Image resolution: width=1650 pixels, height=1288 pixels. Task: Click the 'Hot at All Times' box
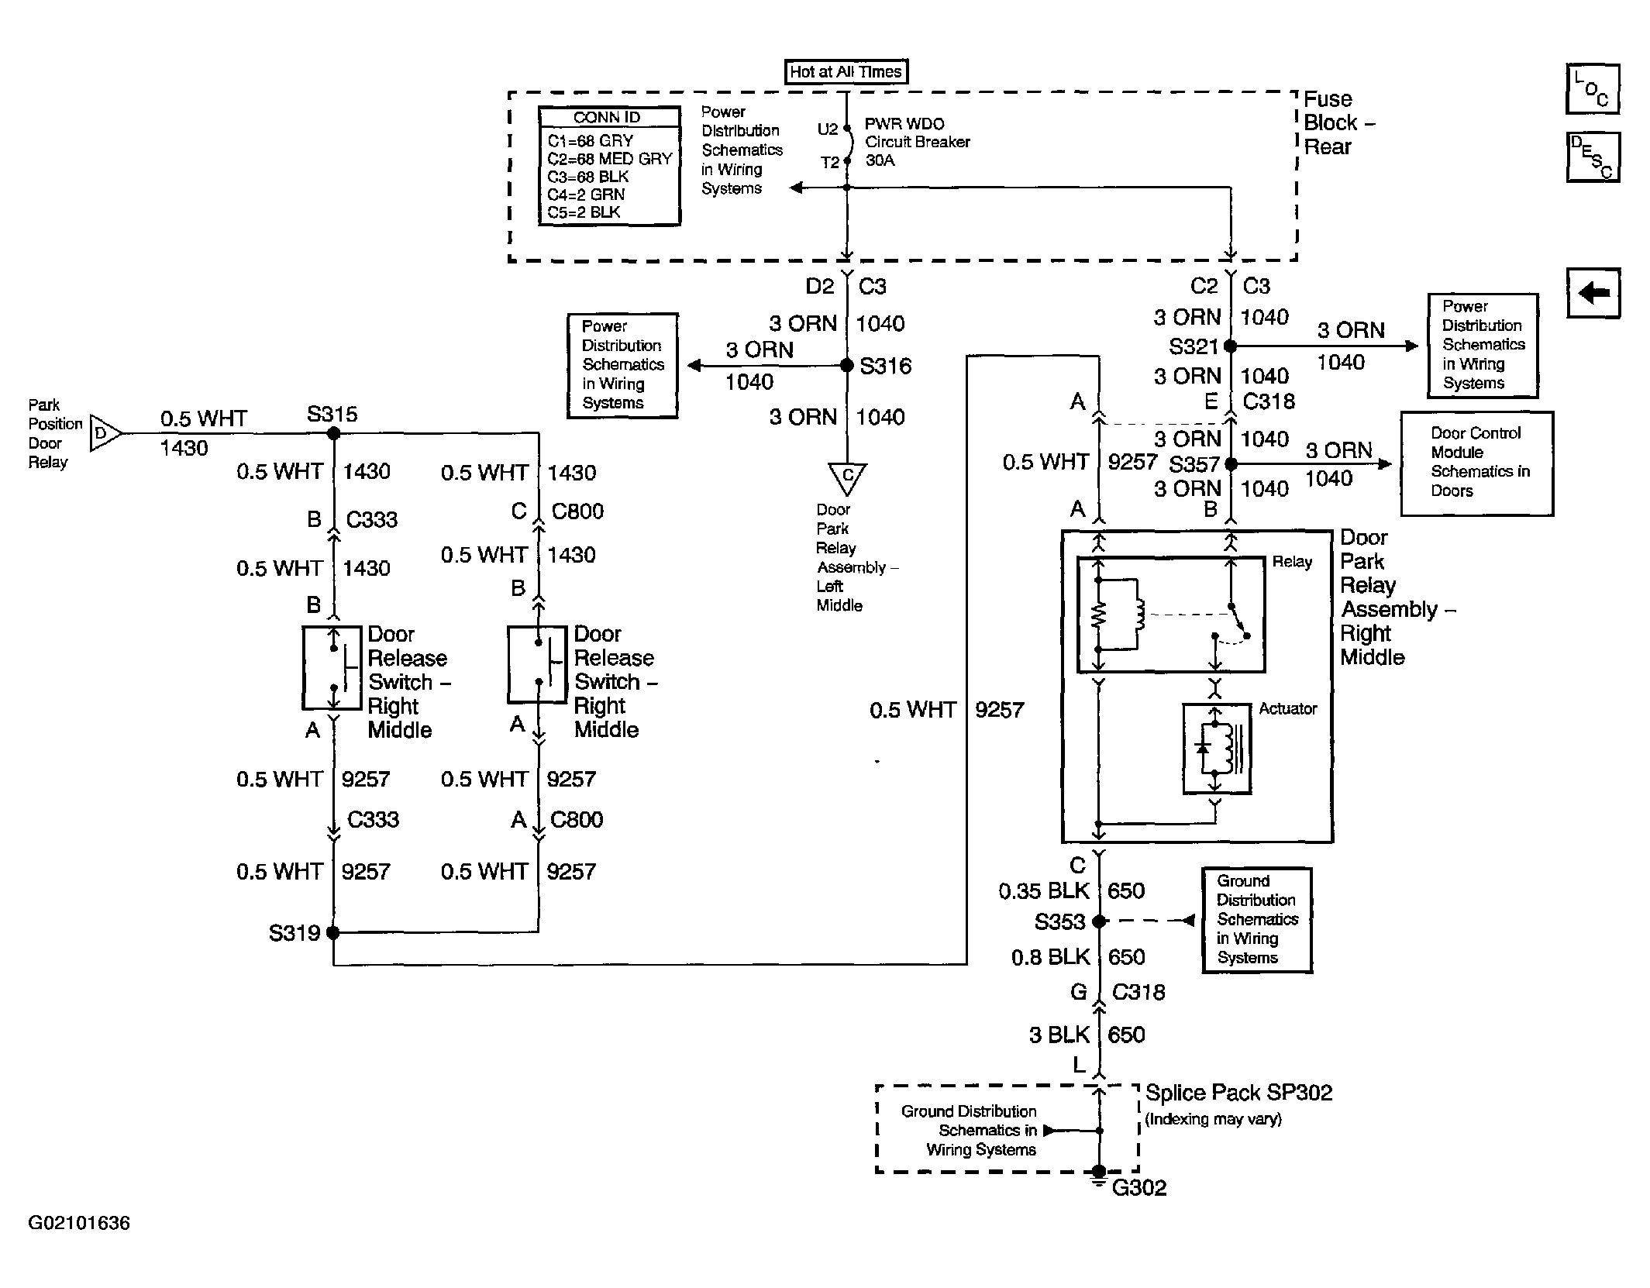pyautogui.click(x=846, y=71)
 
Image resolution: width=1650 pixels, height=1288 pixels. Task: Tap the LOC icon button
pyautogui.click(x=1593, y=89)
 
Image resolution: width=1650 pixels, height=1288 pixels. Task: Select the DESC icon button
pyautogui.click(x=1593, y=157)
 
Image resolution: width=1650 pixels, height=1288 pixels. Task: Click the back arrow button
pyautogui.click(x=1593, y=293)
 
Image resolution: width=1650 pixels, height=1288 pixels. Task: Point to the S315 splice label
pyautogui.click(x=332, y=414)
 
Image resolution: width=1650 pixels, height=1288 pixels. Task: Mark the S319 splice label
pyautogui.click(x=294, y=932)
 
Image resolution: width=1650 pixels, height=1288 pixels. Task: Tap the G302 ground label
pyautogui.click(x=1138, y=1187)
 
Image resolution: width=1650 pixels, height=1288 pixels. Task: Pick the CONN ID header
pyautogui.click(x=608, y=117)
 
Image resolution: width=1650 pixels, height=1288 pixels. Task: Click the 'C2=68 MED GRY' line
pyautogui.click(x=609, y=159)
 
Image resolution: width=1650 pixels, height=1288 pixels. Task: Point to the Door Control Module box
pyautogui.click(x=1476, y=463)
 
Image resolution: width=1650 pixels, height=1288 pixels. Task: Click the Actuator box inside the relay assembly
pyautogui.click(x=1216, y=748)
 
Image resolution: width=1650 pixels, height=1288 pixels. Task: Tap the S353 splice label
pyautogui.click(x=1059, y=921)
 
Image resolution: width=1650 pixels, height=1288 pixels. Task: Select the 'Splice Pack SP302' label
pyautogui.click(x=1238, y=1093)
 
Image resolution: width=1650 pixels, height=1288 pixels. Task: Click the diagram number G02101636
pyautogui.click(x=79, y=1223)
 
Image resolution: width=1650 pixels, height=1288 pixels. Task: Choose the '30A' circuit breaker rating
pyautogui.click(x=880, y=160)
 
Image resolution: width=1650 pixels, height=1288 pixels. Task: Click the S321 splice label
pyautogui.click(x=1194, y=346)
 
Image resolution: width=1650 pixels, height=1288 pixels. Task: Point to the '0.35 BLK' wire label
pyautogui.click(x=1043, y=891)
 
